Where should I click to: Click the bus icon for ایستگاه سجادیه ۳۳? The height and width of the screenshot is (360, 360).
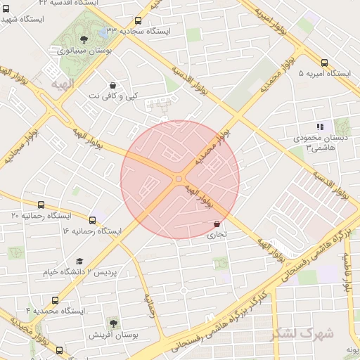137,21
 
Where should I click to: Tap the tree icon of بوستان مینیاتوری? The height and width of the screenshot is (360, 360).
84,39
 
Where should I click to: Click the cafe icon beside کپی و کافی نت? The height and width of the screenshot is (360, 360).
112,84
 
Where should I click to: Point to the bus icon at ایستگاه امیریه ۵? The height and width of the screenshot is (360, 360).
324,63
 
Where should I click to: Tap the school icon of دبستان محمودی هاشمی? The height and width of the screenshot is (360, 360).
320,127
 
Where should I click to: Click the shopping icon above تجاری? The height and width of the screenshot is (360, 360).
217,224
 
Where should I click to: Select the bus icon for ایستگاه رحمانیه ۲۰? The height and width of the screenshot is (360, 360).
40,205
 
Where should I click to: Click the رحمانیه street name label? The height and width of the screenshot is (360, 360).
149,306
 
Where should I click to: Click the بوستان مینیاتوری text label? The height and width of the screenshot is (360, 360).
82,51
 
